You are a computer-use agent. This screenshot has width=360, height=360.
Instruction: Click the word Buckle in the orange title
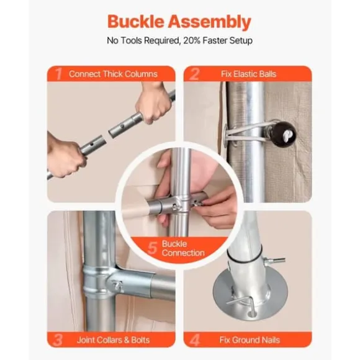click(x=136, y=22)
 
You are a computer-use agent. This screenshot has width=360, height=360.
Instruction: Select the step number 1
click(x=59, y=74)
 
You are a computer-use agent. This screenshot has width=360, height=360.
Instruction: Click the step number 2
click(x=195, y=74)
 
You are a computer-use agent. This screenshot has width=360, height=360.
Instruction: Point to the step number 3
click(x=57, y=340)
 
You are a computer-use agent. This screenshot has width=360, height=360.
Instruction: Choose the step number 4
click(x=195, y=340)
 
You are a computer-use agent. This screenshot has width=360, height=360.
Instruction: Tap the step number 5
click(x=152, y=248)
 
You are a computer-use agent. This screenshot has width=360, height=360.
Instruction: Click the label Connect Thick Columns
click(x=113, y=74)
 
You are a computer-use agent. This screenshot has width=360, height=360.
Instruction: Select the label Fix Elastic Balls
click(x=248, y=74)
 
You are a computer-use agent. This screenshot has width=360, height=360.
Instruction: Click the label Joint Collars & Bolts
click(x=113, y=340)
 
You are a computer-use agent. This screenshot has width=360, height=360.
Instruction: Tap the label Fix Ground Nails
click(x=250, y=340)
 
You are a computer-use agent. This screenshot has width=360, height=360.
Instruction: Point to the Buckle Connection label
click(x=183, y=248)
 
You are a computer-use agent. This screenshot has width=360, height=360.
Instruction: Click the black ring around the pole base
click(x=244, y=255)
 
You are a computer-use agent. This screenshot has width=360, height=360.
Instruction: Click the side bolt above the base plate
click(x=274, y=261)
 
